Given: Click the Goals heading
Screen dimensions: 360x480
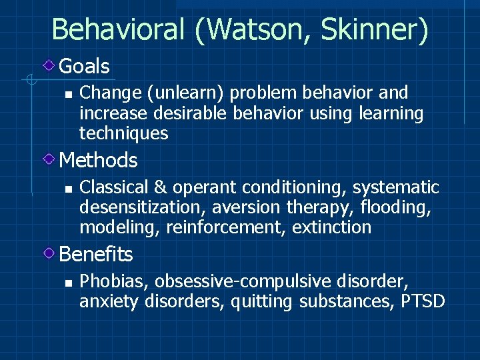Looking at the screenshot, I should click(84, 66).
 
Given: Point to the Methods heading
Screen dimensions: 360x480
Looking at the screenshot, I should click(98, 160).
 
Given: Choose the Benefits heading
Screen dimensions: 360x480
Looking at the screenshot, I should click(96, 254).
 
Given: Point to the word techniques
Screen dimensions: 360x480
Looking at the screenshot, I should click(123, 133).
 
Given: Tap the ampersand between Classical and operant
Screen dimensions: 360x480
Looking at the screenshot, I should click(155, 187).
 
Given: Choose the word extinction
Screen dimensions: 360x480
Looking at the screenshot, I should click(331, 227).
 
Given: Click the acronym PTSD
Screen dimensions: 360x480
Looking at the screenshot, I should click(423, 301).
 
